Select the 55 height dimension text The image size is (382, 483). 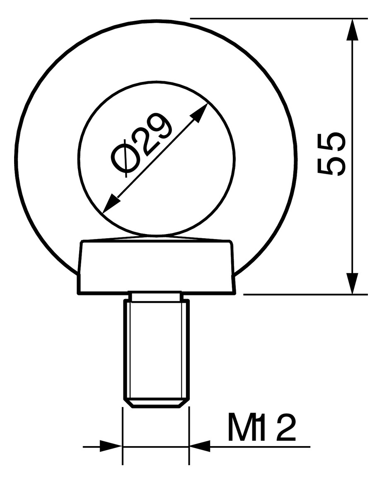[331, 155]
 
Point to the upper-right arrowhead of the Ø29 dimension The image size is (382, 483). [201, 111]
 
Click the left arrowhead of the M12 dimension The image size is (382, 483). [111, 447]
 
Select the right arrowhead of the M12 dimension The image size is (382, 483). [200, 447]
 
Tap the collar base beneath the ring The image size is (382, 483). [157, 267]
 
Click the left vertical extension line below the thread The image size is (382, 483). [122, 435]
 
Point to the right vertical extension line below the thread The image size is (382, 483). [189, 435]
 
